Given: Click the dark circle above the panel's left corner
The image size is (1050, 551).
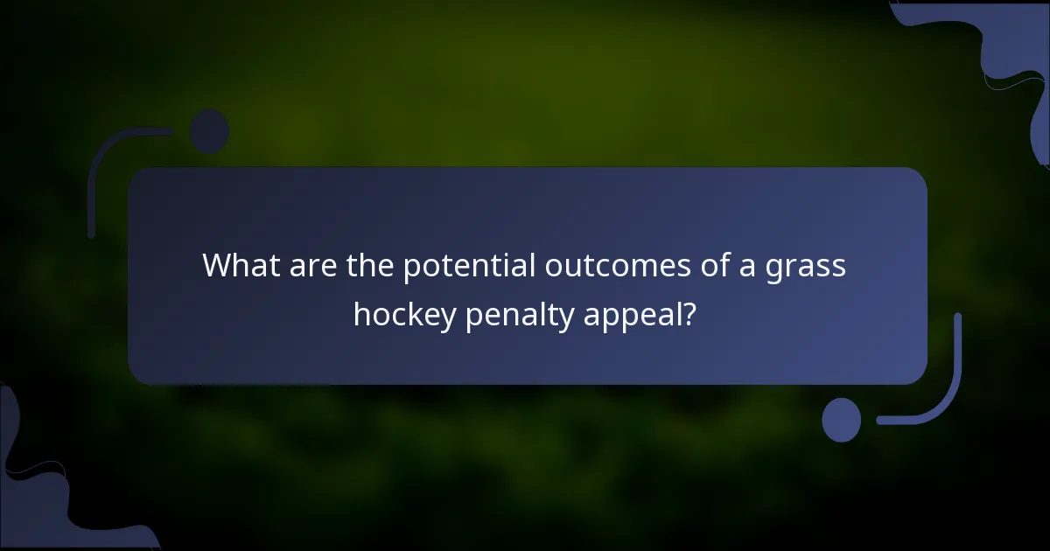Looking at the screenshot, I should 209,131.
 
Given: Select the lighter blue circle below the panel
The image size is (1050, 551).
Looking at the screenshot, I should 842,420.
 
